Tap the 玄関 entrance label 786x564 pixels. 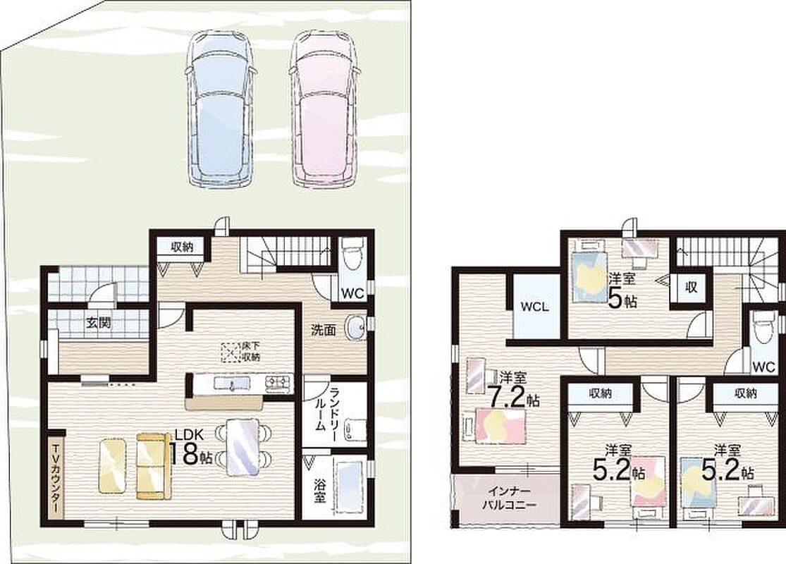pyautogui.click(x=98, y=323)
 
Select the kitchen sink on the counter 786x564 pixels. pyautogui.click(x=231, y=384)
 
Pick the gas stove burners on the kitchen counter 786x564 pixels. pyautogui.click(x=278, y=383)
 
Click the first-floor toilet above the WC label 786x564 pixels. pyautogui.click(x=351, y=252)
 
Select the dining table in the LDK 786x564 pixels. pyautogui.click(x=243, y=447)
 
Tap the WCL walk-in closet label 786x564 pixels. pyautogui.click(x=534, y=307)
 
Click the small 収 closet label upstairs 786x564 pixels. pyautogui.click(x=692, y=288)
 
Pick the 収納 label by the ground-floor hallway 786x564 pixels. pyautogui.click(x=181, y=247)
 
